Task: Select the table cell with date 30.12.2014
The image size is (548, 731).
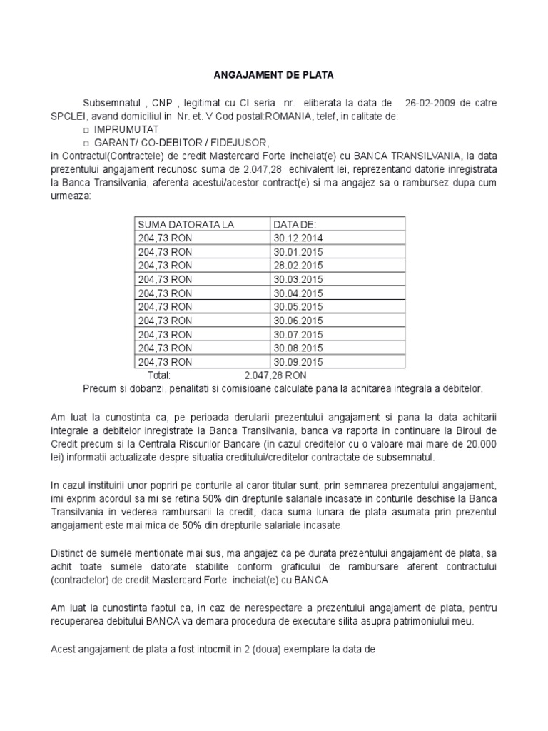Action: click(x=298, y=238)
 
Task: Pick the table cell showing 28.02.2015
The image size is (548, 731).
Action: click(x=298, y=266)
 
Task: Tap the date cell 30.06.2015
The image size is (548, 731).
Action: click(x=298, y=320)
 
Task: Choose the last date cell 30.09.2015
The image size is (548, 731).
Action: click(x=298, y=361)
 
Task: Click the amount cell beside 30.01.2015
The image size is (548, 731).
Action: click(x=165, y=252)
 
